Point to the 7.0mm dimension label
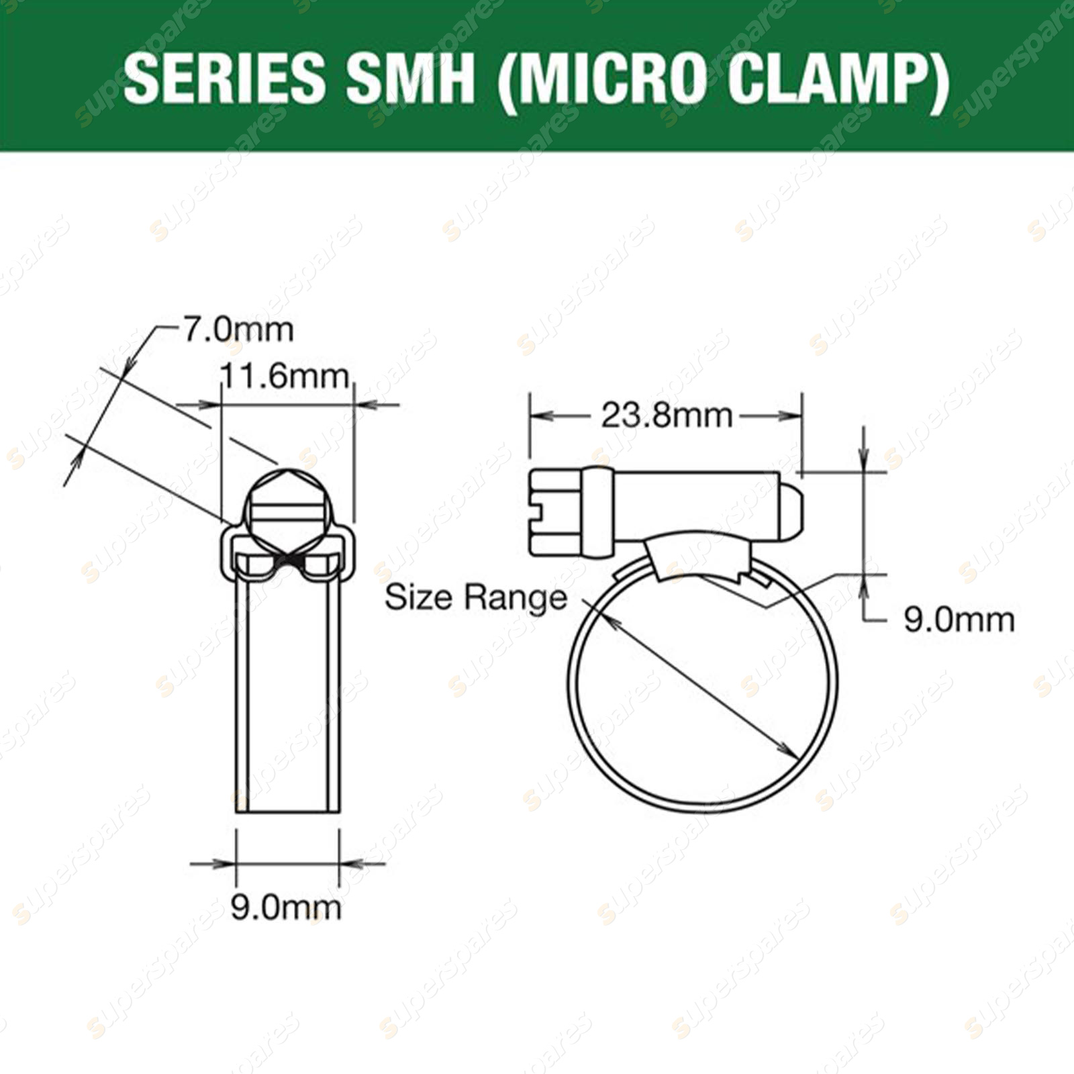tap(238, 330)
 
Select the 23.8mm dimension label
tap(666, 416)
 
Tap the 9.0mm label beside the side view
tap(959, 620)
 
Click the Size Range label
tap(475, 597)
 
